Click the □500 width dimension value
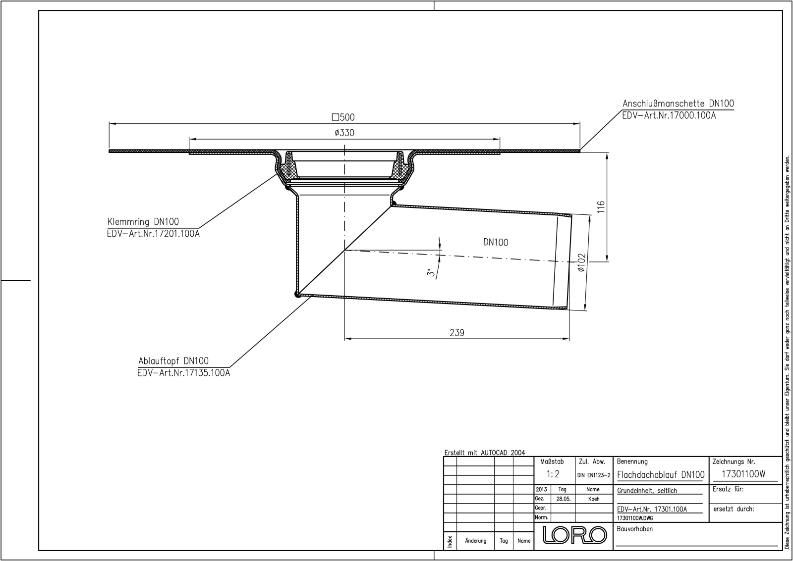[343, 117]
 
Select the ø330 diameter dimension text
[344, 133]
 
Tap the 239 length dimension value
[456, 333]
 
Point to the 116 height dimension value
[601, 206]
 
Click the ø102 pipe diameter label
[581, 263]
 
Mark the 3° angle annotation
[432, 272]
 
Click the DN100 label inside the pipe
[495, 242]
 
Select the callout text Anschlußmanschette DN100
[678, 103]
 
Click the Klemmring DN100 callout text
[143, 222]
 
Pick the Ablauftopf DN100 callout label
[173, 361]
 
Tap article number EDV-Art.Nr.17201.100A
[153, 234]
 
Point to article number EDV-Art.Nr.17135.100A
[184, 373]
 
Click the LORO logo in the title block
[575, 535]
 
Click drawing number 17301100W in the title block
[743, 474]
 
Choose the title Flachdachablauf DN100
[661, 474]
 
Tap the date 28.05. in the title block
[563, 499]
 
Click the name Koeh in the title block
[594, 499]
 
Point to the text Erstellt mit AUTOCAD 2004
[484, 453]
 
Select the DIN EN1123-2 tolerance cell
[594, 475]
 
